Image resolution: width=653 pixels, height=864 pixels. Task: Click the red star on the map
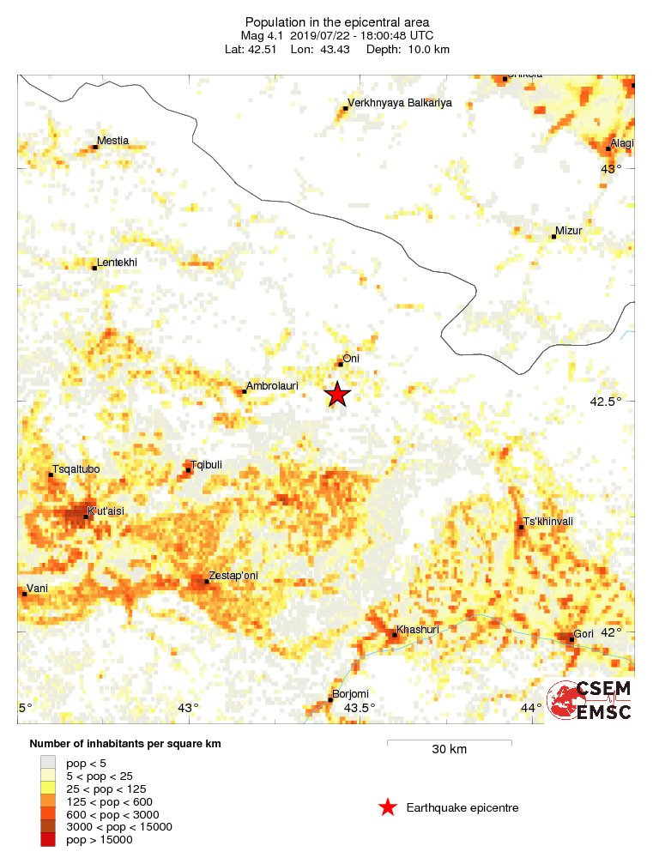[337, 394]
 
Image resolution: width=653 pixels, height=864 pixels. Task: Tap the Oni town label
[350, 359]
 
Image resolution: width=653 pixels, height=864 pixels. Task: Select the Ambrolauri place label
[272, 386]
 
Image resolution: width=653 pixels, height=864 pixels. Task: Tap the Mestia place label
[113, 141]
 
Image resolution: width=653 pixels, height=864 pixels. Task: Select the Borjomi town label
[350, 694]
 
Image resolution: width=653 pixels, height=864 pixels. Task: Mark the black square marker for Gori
[571, 639]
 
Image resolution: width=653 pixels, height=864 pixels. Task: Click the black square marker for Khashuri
[395, 635]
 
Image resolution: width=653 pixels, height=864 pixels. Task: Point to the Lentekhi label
[118, 262]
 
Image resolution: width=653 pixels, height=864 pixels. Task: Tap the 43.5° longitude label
[360, 708]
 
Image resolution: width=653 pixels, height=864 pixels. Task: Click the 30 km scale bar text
[449, 749]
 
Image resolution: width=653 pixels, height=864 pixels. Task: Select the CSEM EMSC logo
[591, 700]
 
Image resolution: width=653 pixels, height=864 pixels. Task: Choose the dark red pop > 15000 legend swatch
[48, 840]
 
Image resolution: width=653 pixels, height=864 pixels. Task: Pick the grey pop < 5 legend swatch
[48, 761]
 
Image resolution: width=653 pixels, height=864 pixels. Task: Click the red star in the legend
[388, 807]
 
